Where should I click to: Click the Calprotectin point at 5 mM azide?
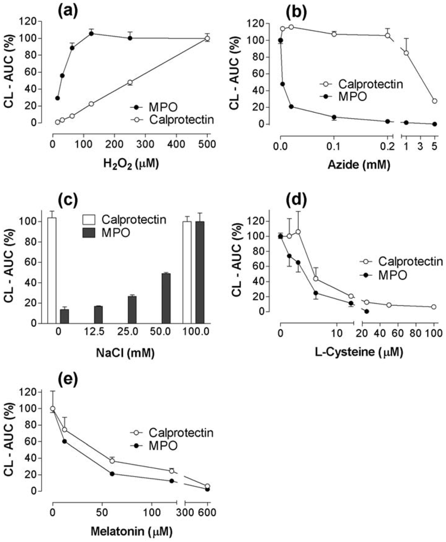[x=435, y=101]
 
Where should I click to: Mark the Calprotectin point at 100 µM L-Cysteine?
[x=434, y=307]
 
